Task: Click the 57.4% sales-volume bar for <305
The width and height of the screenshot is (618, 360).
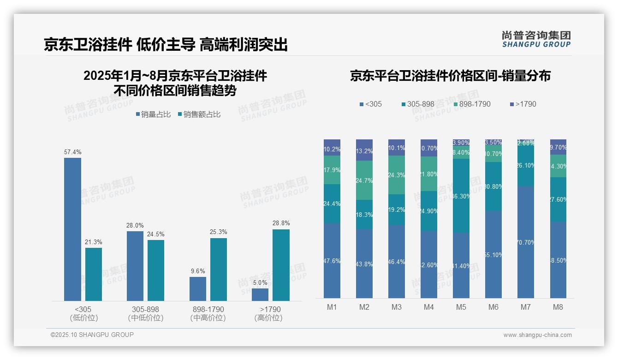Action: [72, 229]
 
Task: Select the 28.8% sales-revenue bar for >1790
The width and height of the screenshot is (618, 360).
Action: [281, 265]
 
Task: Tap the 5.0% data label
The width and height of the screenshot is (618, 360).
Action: [260, 282]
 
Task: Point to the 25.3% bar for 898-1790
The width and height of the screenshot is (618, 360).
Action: [219, 270]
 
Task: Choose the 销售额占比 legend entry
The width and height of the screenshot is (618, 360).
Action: [199, 114]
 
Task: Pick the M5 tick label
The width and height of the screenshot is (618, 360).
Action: [461, 307]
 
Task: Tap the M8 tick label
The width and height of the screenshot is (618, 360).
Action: [558, 307]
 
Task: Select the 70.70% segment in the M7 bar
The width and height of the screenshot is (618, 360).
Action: [526, 242]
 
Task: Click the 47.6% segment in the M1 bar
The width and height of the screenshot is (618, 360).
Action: [332, 261]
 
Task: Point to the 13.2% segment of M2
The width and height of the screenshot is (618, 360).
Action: [364, 150]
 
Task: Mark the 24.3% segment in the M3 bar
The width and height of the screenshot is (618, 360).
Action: [397, 175]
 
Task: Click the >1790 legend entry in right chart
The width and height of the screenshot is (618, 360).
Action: [523, 104]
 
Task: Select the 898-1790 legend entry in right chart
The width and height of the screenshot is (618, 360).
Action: [472, 104]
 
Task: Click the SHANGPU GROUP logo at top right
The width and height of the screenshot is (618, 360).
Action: [536, 39]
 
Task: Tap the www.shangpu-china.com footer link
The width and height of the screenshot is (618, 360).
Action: [537, 335]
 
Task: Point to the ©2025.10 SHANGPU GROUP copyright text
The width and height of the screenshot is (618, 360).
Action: [92, 335]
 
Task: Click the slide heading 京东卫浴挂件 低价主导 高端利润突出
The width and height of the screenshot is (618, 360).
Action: [166, 44]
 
